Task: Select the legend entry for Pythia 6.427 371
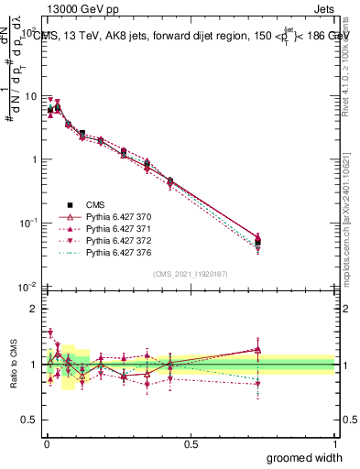click(x=115, y=228)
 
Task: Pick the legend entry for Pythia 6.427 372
click(x=115, y=240)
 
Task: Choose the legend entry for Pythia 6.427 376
click(x=115, y=252)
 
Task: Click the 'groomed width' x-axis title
click(x=305, y=457)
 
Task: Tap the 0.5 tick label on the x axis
click(x=191, y=443)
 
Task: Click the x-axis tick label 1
click(x=334, y=443)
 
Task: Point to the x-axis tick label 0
click(x=47, y=443)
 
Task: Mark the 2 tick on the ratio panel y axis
click(x=34, y=310)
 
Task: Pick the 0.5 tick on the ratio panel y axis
click(x=30, y=420)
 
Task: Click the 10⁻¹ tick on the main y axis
click(x=28, y=223)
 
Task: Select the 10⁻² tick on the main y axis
click(x=28, y=287)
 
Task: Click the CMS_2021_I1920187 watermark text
click(x=190, y=274)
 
